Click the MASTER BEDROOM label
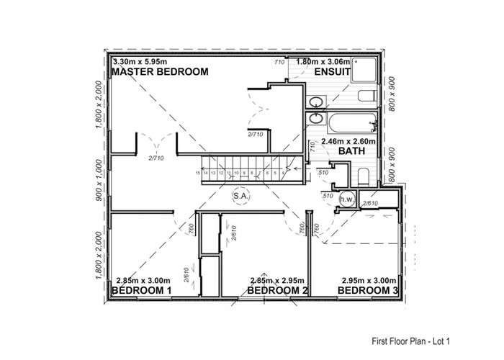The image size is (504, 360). click(161, 72)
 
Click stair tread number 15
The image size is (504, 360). click(197, 173)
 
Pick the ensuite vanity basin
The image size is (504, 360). click(315, 101)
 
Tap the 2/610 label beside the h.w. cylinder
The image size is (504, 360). click(370, 204)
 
